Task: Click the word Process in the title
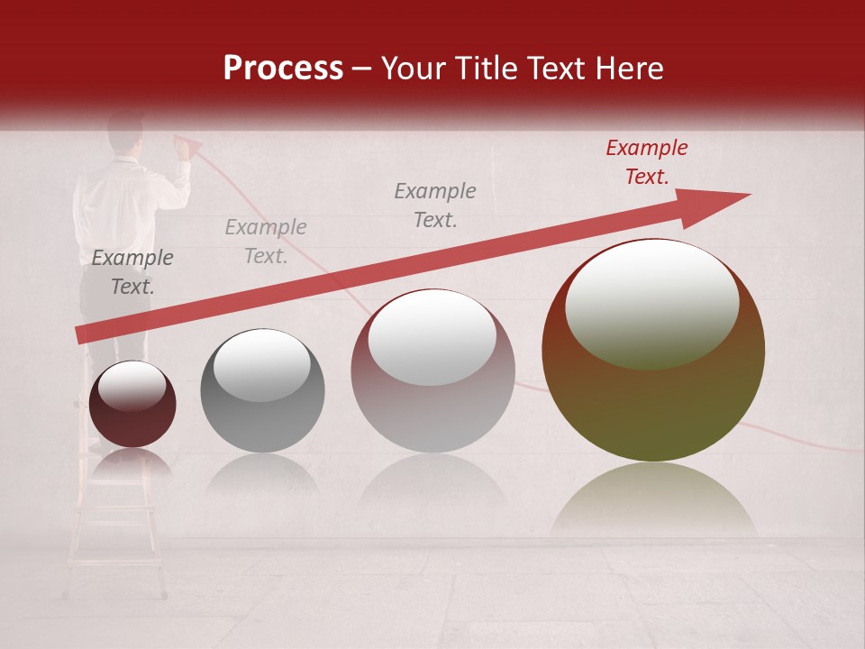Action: click(283, 69)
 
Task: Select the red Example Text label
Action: click(646, 162)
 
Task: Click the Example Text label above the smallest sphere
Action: click(132, 272)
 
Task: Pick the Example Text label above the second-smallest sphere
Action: click(266, 242)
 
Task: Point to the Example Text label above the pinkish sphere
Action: click(435, 205)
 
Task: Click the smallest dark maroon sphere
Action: click(132, 405)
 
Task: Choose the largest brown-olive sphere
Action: click(652, 351)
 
